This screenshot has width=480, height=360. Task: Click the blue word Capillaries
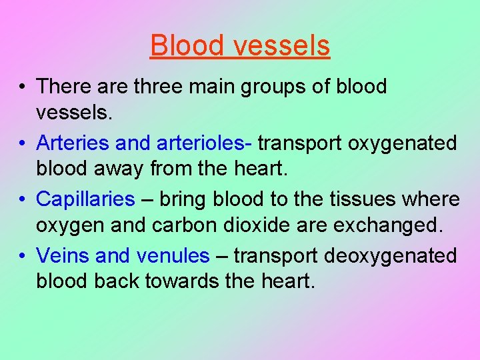coord(85,199)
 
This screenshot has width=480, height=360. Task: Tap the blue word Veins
coord(63,255)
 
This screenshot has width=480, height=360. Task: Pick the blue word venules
coord(173,255)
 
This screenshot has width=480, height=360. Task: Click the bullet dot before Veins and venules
coord(23,256)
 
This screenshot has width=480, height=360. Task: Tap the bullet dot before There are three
coord(23,87)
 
